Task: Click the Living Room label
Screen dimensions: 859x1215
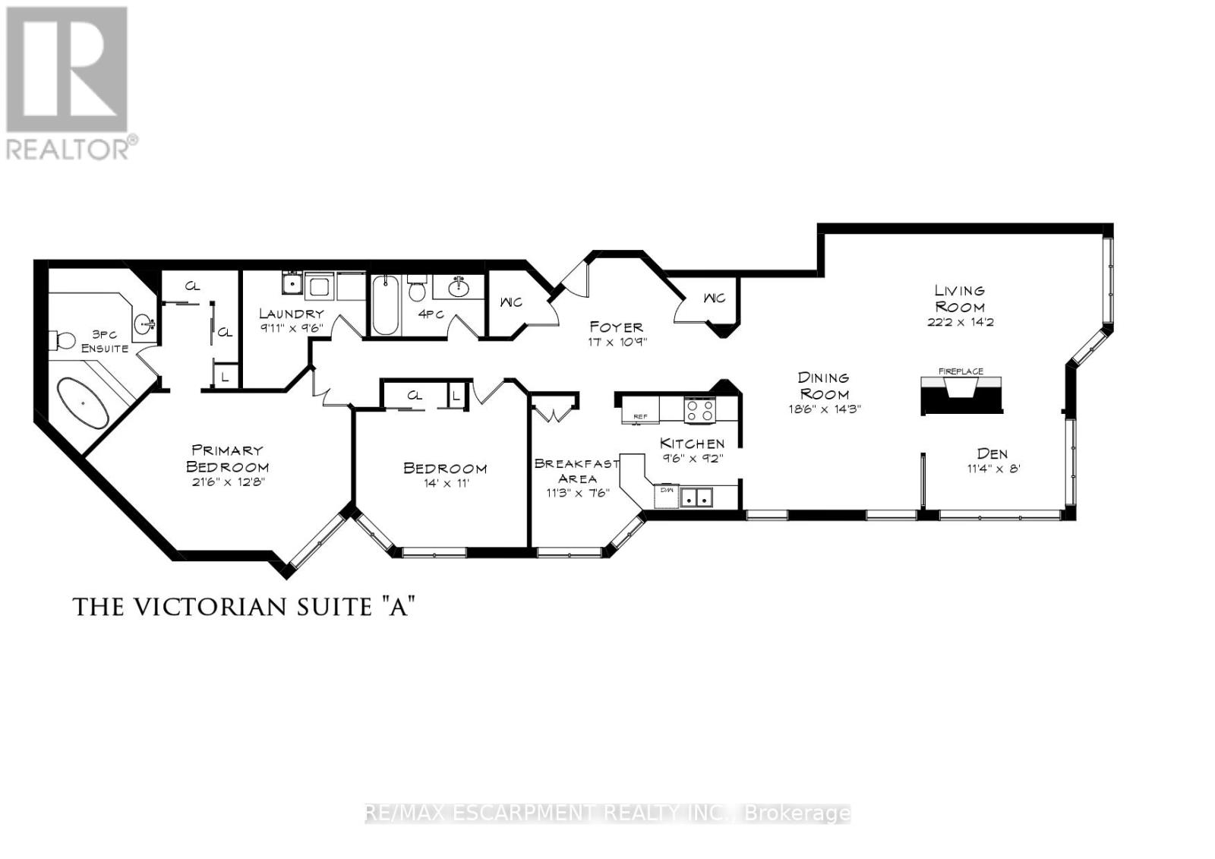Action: (960, 298)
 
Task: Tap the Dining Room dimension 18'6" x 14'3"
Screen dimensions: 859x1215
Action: (824, 409)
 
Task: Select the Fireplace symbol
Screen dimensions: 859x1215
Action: (961, 395)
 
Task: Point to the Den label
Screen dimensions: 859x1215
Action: (992, 453)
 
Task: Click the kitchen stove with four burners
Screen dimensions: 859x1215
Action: (699, 410)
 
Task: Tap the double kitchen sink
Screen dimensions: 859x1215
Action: (697, 498)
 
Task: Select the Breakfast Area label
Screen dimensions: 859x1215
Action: (576, 471)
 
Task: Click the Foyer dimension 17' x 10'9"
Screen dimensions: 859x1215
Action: (617, 342)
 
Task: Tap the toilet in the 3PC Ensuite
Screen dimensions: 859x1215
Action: (62, 339)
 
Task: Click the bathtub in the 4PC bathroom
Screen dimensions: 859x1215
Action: (384, 306)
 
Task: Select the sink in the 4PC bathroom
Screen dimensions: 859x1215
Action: (458, 287)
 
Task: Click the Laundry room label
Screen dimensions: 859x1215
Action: (291, 313)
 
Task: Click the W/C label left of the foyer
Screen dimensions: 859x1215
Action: (510, 302)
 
